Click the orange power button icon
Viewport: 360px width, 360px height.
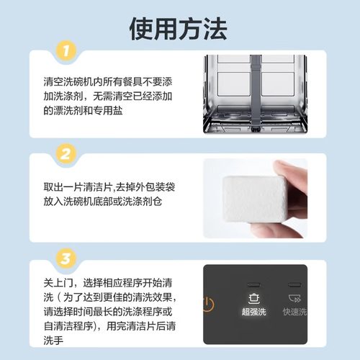click(x=208, y=302)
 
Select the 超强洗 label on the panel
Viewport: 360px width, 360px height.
click(x=253, y=312)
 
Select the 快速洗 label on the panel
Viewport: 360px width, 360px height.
click(x=294, y=312)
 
